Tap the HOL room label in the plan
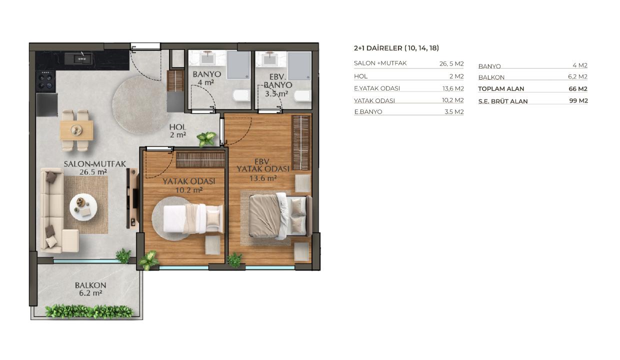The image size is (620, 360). pyautogui.click(x=177, y=127)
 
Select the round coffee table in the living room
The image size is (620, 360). pyautogui.click(x=83, y=207)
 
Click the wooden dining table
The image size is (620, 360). pyautogui.click(x=76, y=130)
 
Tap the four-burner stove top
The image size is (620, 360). pyautogui.click(x=45, y=80)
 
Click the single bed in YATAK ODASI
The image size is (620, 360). pyautogui.click(x=193, y=218)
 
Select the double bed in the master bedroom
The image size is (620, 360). pyautogui.click(x=280, y=216)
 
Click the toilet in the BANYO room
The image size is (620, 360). pyautogui.click(x=242, y=95)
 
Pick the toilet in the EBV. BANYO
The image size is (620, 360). pyautogui.click(x=303, y=95)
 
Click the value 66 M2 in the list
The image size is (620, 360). pyautogui.click(x=578, y=89)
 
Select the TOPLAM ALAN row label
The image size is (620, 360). pyautogui.click(x=501, y=89)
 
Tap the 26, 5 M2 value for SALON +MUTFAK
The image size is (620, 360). pyautogui.click(x=451, y=63)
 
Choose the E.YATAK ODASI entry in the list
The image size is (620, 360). pyautogui.click(x=377, y=88)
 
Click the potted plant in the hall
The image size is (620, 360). pyautogui.click(x=206, y=138)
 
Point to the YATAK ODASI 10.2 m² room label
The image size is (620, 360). pyautogui.click(x=189, y=185)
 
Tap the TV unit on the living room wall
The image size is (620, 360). pyautogui.click(x=132, y=198)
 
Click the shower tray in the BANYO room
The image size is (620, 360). pyautogui.click(x=238, y=65)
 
